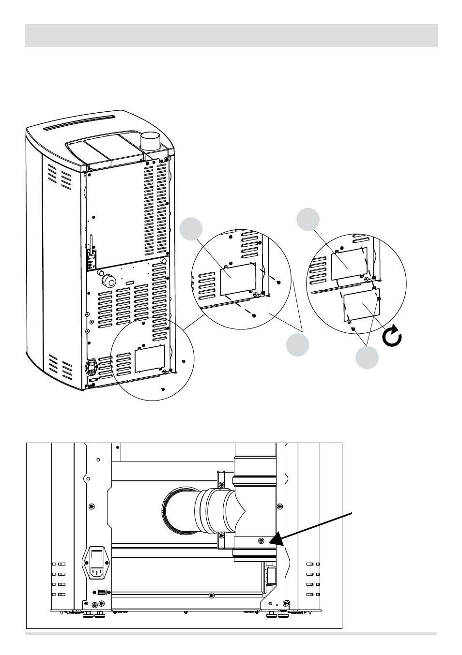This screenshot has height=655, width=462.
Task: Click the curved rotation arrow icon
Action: [x=392, y=338]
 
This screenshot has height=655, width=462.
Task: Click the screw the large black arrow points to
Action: [x=261, y=540]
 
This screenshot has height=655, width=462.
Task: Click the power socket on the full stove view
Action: [x=91, y=368]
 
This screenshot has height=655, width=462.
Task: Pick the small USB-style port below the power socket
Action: [x=101, y=593]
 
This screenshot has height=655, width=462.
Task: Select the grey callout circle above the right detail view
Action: [x=309, y=219]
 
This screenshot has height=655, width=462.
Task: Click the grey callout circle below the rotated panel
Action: [x=367, y=357]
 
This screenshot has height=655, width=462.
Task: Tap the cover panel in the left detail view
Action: [x=238, y=279]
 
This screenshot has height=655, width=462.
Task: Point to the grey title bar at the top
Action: [x=231, y=36]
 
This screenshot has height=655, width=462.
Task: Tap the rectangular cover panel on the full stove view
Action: [x=150, y=358]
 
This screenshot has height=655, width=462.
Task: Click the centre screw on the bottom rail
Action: [x=211, y=595]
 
